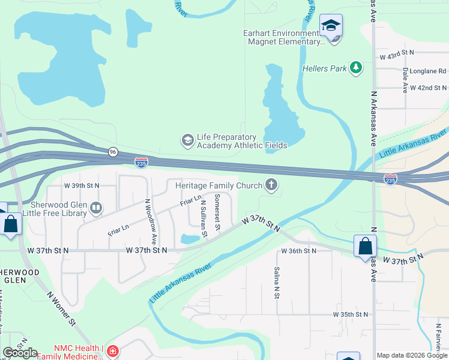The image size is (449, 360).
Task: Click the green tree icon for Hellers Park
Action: click(357, 68)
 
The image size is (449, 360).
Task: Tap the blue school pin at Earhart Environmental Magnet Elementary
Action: click(331, 26)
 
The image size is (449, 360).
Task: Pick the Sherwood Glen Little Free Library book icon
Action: click(95, 208)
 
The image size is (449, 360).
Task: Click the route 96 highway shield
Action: click(113, 152)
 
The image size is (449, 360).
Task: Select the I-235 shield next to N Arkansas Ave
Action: click(390, 179)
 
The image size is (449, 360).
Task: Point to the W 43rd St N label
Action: click(397, 55)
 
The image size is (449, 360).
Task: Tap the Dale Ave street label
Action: click(406, 80)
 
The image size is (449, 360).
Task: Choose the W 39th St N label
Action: click(82, 186)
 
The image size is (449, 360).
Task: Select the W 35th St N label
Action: click(351, 314)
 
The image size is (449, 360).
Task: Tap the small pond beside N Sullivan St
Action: click(190, 239)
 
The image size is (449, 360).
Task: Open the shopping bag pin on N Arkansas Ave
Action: click(365, 247)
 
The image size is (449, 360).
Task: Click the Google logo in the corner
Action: click(19, 353)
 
